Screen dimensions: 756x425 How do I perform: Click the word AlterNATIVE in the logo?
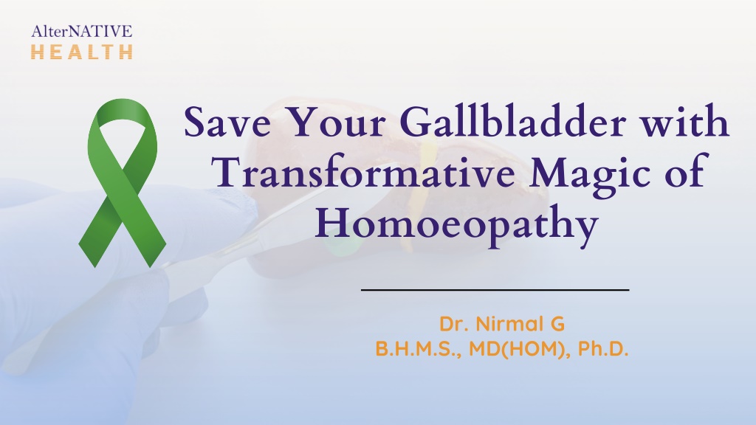(x=81, y=31)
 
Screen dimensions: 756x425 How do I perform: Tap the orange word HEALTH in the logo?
(x=82, y=52)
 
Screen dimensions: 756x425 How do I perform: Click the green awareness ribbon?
(x=123, y=183)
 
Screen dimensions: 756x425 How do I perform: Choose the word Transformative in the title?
(x=363, y=171)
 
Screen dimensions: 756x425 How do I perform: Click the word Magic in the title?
(x=590, y=174)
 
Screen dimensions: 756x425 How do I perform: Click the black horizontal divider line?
(x=495, y=290)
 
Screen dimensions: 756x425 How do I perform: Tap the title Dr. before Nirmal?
(x=454, y=324)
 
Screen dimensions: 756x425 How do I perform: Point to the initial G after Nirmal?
(x=557, y=324)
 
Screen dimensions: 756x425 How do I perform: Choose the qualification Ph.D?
(x=603, y=348)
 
